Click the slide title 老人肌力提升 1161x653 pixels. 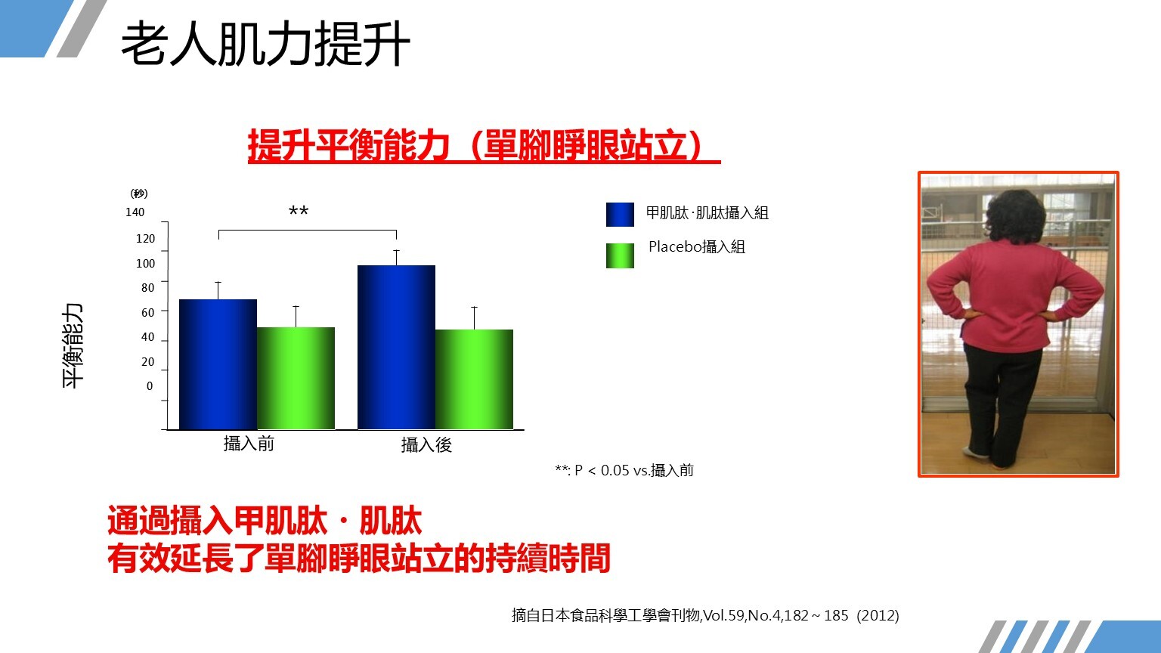tap(265, 44)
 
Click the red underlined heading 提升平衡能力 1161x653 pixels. tap(348, 146)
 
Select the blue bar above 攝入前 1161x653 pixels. tap(218, 364)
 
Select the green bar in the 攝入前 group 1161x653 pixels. tap(296, 379)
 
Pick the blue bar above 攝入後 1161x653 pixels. tap(397, 347)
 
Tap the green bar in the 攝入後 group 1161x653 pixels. tap(474, 379)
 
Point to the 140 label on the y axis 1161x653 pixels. tap(135, 212)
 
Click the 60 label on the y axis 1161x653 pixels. tap(147, 312)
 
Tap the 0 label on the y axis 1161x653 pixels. tap(150, 386)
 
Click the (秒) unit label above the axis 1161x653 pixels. tap(139, 193)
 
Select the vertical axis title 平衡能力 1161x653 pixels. tap(73, 345)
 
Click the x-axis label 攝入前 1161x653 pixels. tap(249, 444)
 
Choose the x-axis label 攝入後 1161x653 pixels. tap(426, 444)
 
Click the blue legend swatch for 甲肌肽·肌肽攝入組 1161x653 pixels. tap(620, 215)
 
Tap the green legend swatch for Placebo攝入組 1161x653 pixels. tap(620, 256)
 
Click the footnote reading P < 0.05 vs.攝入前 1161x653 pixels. tap(634, 471)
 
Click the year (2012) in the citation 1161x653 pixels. tap(878, 616)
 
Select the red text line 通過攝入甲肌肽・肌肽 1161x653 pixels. tap(265, 521)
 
